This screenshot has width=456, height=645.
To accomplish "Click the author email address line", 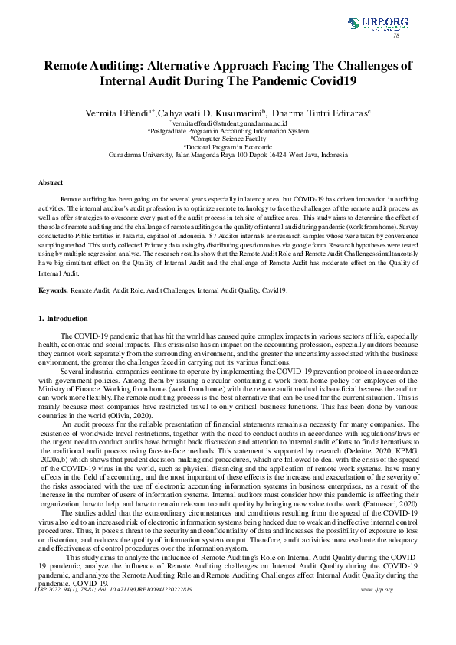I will click(x=229, y=123).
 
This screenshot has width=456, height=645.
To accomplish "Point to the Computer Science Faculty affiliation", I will click(x=228, y=139).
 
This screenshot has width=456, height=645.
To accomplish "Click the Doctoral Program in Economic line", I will click(x=228, y=146).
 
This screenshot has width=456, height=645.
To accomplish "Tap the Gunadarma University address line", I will click(x=228, y=155).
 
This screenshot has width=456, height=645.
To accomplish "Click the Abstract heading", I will click(x=51, y=183).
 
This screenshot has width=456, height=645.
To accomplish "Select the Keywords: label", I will click(x=54, y=291).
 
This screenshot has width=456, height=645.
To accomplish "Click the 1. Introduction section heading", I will click(x=67, y=318).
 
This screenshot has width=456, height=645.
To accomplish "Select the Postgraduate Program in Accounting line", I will click(x=228, y=131).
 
